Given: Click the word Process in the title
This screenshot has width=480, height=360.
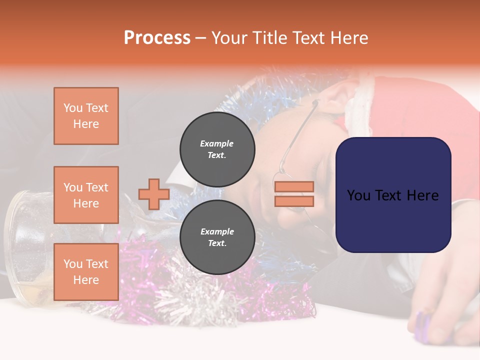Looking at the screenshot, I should [x=157, y=38].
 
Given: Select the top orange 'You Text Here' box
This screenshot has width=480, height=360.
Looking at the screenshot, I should [x=86, y=116].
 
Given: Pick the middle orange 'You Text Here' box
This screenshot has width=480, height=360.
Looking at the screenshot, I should [x=86, y=195].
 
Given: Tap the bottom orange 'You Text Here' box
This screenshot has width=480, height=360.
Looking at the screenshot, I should [x=86, y=271].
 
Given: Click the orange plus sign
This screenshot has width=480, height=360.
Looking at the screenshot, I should [x=154, y=194].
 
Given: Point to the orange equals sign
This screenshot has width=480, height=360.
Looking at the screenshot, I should [x=294, y=194].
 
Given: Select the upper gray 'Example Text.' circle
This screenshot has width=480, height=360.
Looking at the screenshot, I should [x=217, y=149].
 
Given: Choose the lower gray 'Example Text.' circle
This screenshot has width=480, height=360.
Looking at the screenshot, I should [x=217, y=237].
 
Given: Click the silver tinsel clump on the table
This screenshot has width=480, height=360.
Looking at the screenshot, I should [x=200, y=295].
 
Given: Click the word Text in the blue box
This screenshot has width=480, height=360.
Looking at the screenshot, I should [x=393, y=195].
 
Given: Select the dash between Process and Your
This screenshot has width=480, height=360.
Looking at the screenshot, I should [x=200, y=38].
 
